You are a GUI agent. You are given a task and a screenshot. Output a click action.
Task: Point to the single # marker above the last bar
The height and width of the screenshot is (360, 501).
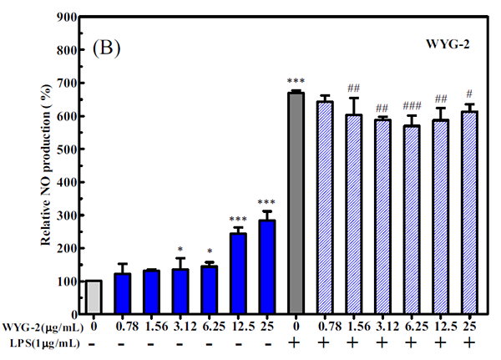click(471, 94)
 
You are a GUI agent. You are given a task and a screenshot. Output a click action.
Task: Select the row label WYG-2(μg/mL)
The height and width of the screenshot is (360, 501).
click(41, 327)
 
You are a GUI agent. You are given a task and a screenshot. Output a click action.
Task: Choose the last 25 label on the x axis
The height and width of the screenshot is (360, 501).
click(471, 327)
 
